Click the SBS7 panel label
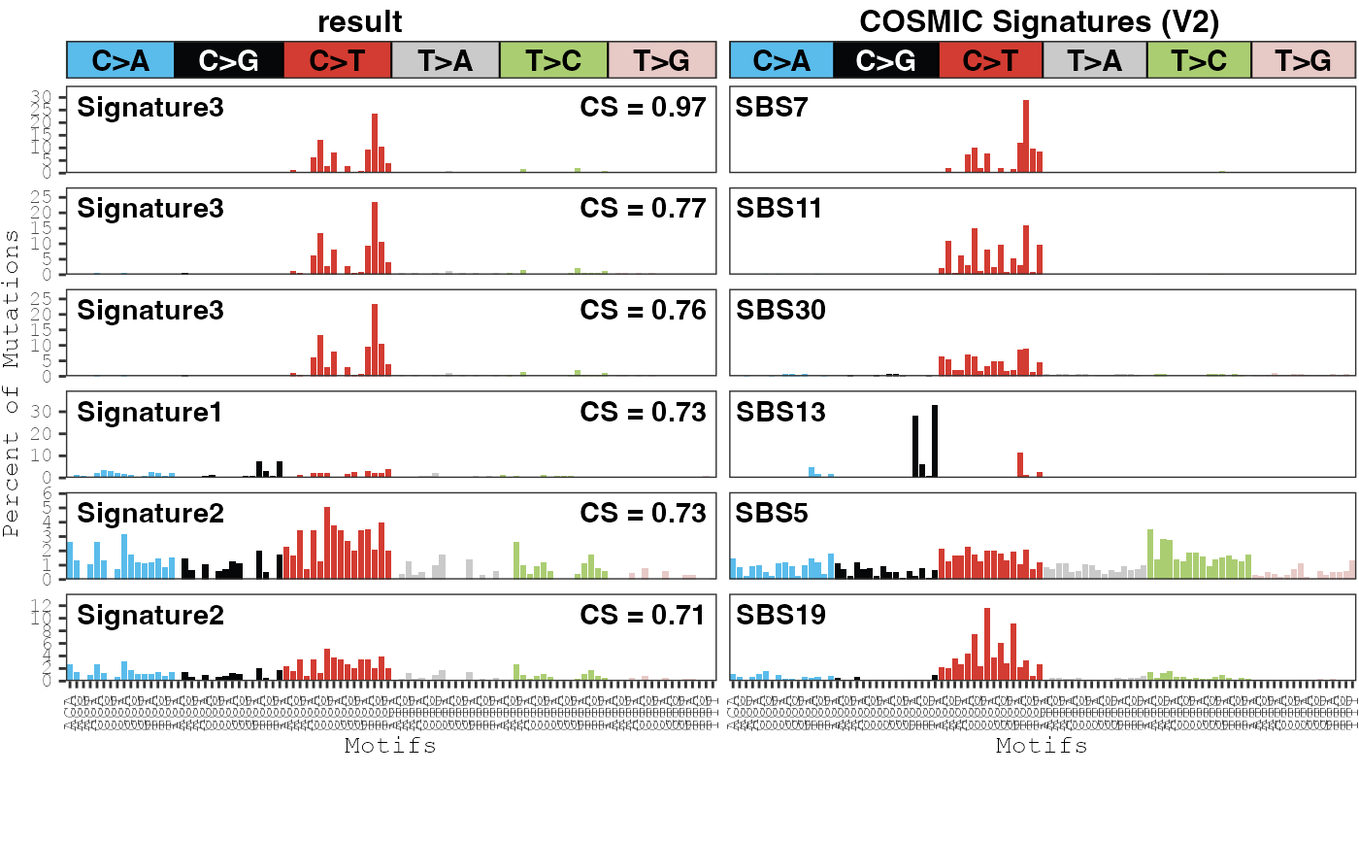(x=772, y=107)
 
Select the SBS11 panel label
(x=779, y=208)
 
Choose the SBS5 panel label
(x=772, y=514)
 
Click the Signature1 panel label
(x=150, y=412)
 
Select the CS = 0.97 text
(x=643, y=107)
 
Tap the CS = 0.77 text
(x=643, y=208)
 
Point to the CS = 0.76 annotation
(x=643, y=310)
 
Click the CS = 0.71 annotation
(x=643, y=616)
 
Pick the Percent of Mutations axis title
(x=12, y=384)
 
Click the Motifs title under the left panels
(x=390, y=746)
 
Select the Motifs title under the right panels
(x=1042, y=746)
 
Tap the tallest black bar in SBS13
(x=935, y=441)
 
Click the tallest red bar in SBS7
(x=1026, y=136)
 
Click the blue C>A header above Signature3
(x=120, y=60)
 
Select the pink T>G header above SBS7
(x=1303, y=60)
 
